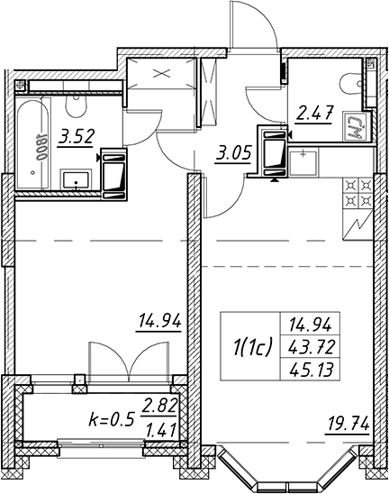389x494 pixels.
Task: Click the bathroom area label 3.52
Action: pyautogui.click(x=76, y=138)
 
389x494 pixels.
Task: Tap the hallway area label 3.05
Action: pyautogui.click(x=233, y=154)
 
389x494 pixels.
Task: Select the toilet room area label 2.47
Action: pyautogui.click(x=314, y=114)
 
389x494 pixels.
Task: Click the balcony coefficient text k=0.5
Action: pyautogui.click(x=112, y=420)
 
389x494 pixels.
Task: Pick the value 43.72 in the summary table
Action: pyautogui.click(x=311, y=347)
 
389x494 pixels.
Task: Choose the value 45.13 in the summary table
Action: pyautogui.click(x=311, y=370)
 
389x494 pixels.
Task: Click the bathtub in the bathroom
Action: pyautogui.click(x=33, y=144)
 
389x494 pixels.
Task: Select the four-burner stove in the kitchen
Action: pyautogui.click(x=357, y=194)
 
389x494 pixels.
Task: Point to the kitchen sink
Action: pyautogui.click(x=303, y=163)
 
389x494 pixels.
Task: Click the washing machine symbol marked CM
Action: pyautogui.click(x=355, y=126)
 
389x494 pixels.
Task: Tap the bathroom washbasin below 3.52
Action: pyautogui.click(x=77, y=179)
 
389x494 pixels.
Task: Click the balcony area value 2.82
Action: pyautogui.click(x=159, y=406)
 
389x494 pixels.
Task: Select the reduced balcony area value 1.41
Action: pyautogui.click(x=160, y=430)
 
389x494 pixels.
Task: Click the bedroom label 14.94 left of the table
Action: pyautogui.click(x=160, y=322)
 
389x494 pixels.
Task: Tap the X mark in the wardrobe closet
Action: pyautogui.click(x=161, y=74)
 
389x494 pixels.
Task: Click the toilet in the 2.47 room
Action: pyautogui.click(x=351, y=83)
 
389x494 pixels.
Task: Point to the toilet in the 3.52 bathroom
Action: pyautogui.click(x=76, y=105)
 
